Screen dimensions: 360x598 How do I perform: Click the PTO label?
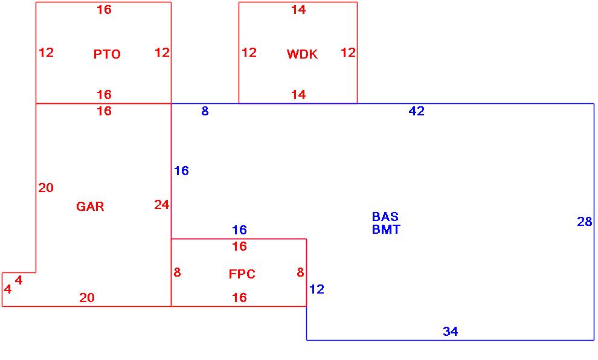click(x=107, y=54)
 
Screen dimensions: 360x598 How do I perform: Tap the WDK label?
click(x=302, y=54)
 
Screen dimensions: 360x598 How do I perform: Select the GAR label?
click(x=90, y=207)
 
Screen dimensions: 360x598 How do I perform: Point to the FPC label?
click(x=242, y=274)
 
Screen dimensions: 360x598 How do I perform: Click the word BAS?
click(x=385, y=217)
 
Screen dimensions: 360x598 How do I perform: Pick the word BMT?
click(x=386, y=230)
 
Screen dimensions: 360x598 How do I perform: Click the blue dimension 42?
click(x=417, y=111)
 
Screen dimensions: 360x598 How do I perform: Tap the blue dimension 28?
click(x=584, y=222)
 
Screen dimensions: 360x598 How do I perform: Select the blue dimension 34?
click(x=450, y=332)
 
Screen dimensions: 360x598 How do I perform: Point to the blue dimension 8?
click(x=205, y=111)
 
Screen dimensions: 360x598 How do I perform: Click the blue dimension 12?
click(x=317, y=289)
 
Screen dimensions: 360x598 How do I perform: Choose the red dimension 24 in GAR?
click(x=161, y=205)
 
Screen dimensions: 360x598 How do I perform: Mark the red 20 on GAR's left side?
click(x=46, y=188)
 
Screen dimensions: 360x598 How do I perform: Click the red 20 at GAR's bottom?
click(x=87, y=298)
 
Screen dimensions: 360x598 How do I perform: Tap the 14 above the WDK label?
click(x=298, y=10)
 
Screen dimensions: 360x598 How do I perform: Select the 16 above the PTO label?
click(x=104, y=10)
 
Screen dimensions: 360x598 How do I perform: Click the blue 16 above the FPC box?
click(x=239, y=230)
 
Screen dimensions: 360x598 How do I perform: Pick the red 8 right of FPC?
click(x=300, y=272)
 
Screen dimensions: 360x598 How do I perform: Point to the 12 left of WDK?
click(x=249, y=53)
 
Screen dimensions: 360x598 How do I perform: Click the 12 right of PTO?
click(x=162, y=53)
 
